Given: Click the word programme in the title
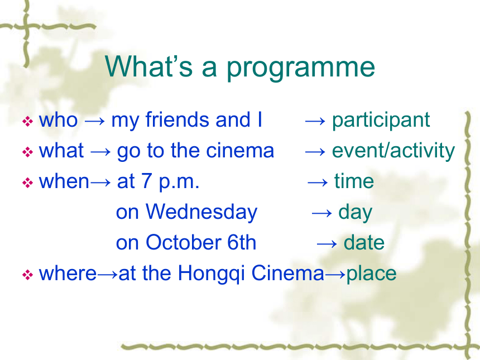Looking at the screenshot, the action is pos(301,68).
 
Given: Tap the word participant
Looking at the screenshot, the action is pos(381,121).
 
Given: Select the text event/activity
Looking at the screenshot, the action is pos(393,151).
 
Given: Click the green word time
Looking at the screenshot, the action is pos(354,181).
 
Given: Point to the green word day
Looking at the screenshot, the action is pos(355,213).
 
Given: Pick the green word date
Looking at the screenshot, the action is pos(364,242).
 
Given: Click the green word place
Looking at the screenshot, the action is pos(371,273).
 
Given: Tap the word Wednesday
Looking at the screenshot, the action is pos(201,213).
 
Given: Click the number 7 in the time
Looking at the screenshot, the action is pos(146,181).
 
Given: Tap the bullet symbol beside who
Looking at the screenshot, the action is pos(27,122).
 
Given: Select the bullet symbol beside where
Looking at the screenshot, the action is pos(27,275).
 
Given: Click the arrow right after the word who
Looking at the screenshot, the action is pos(94,121).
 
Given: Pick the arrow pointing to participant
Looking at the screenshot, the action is pos(315,121).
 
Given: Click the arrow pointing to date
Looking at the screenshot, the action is pos(327,244).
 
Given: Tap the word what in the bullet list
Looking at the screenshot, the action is pos(61,150).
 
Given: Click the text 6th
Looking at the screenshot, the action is pos(242,242).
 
